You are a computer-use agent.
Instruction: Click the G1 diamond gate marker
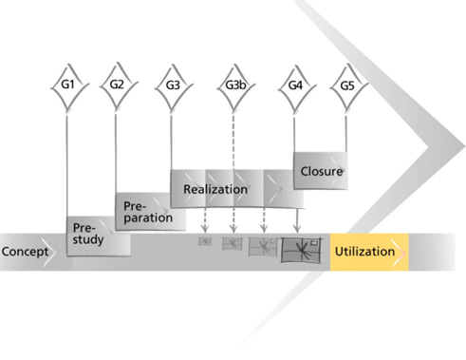[x=69, y=86]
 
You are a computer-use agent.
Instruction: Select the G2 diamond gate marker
[x=119, y=86]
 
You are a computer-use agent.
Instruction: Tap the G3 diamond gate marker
[x=174, y=87]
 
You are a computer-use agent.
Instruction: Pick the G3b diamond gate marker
[x=235, y=87]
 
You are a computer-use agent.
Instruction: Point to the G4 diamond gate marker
[x=296, y=87]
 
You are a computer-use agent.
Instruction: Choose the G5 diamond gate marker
[x=348, y=87]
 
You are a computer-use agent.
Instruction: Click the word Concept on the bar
[x=25, y=252]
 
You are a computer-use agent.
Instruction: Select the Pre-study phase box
[x=99, y=237]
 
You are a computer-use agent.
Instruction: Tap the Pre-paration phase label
[x=148, y=212]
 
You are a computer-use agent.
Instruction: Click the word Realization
[x=215, y=189]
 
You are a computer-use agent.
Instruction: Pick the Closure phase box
[x=321, y=171]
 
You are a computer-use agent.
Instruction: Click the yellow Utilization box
[x=369, y=252]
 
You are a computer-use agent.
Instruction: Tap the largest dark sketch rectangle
[x=301, y=250]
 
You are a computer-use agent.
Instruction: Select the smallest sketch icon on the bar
[x=205, y=241]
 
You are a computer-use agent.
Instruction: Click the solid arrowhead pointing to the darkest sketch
[x=296, y=228]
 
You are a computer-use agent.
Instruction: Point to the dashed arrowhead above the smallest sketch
[x=205, y=228]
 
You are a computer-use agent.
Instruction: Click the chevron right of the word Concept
[x=49, y=252]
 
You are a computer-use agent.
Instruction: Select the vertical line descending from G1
[x=67, y=166]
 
